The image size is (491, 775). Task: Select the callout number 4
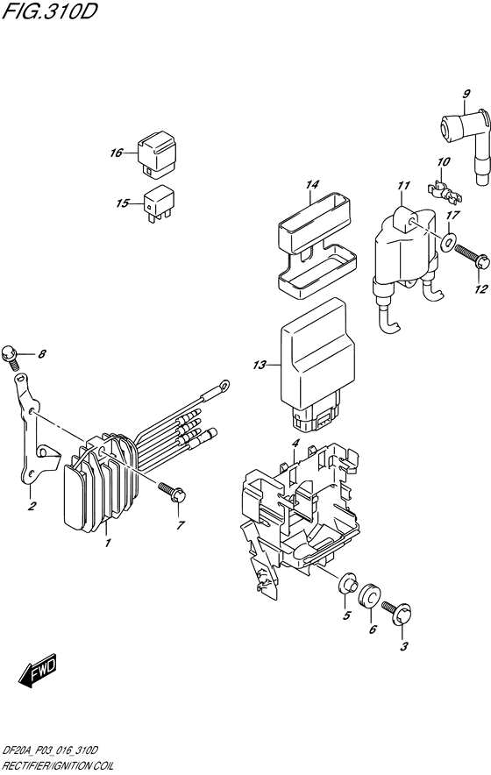(295, 444)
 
